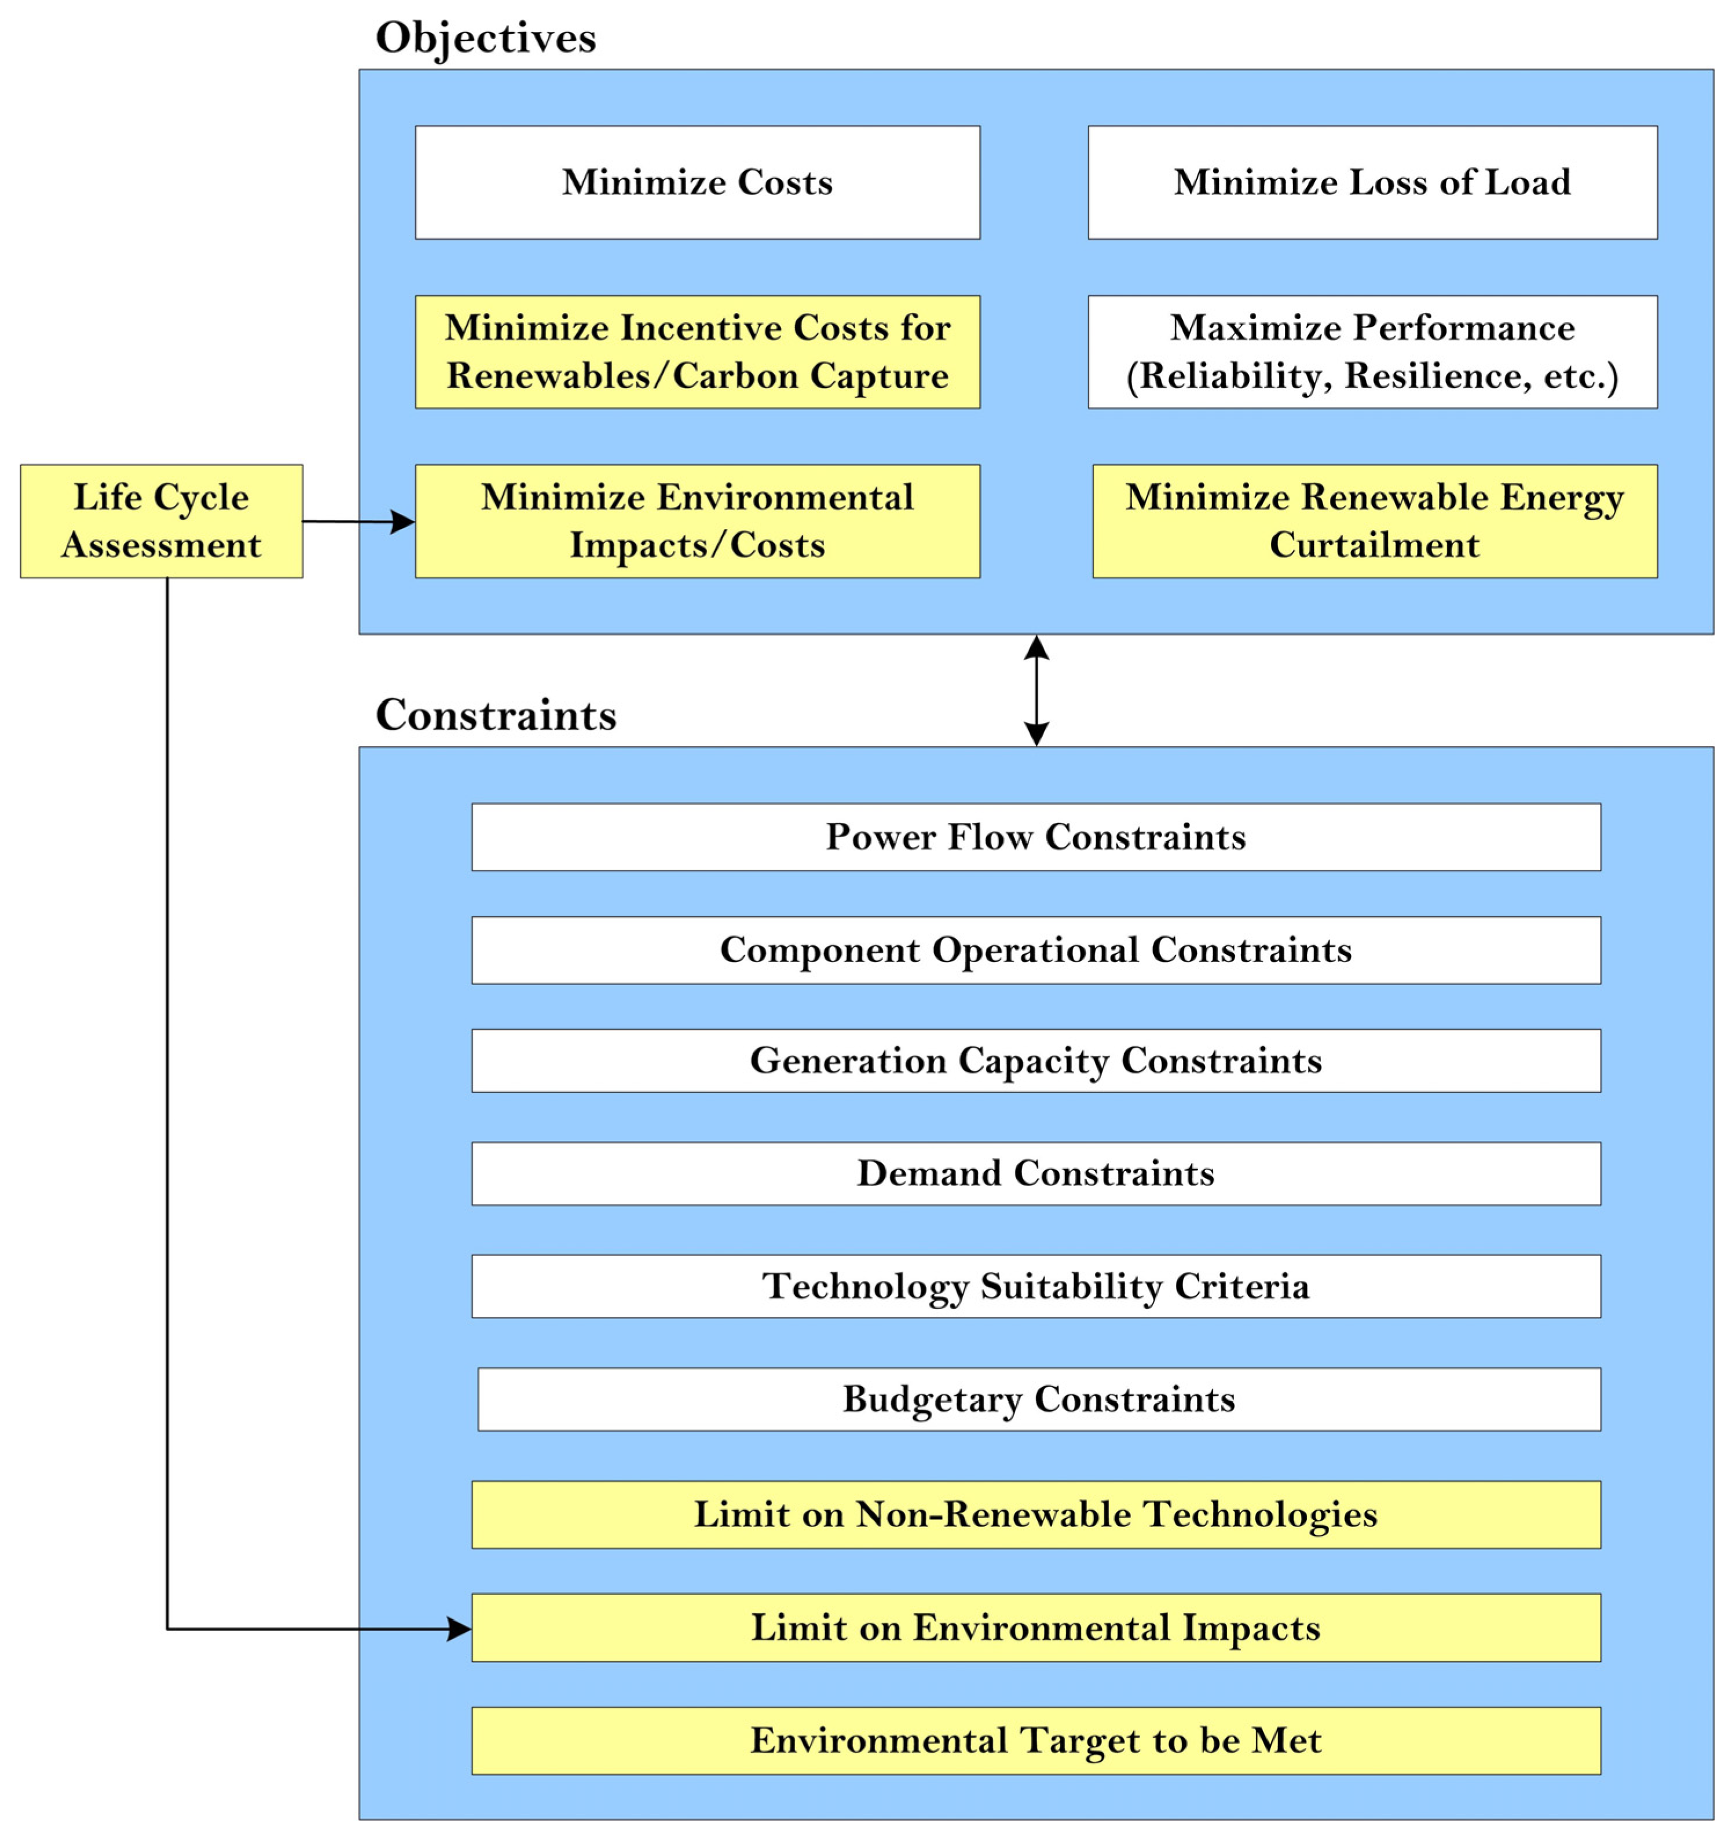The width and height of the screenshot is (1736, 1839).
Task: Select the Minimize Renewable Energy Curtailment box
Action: point(1374,521)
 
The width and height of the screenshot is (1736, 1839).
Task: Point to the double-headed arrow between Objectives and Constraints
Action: point(1037,690)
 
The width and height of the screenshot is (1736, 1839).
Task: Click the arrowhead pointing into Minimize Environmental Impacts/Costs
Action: point(402,522)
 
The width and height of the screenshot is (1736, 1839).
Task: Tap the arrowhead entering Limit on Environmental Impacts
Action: point(459,1629)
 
